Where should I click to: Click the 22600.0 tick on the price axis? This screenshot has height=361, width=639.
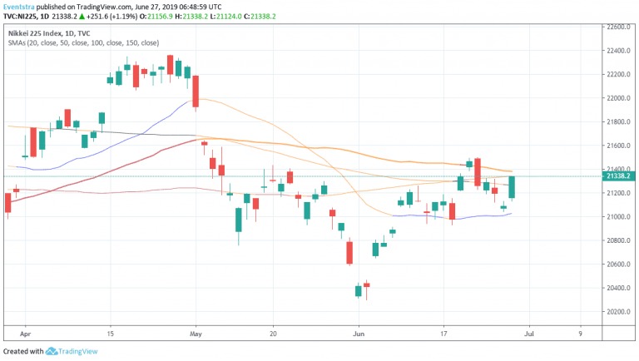[617, 27]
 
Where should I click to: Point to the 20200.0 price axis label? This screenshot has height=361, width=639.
[617, 312]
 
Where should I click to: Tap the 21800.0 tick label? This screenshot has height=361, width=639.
[617, 121]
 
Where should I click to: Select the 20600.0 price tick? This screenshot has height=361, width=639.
[617, 265]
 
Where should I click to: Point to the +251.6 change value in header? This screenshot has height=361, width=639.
[83, 16]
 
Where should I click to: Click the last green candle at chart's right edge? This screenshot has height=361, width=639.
[513, 187]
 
